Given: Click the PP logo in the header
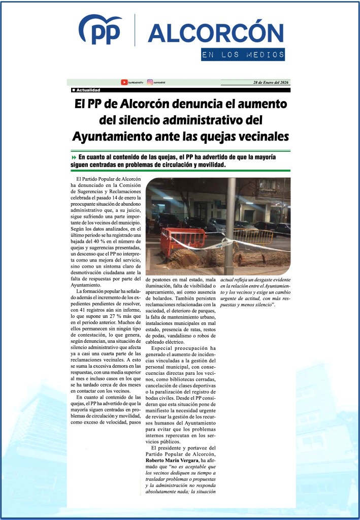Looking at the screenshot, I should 100,30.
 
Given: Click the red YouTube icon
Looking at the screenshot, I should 124,82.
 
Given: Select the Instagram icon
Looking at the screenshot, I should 150,82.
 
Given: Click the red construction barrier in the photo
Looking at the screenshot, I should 182,239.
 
